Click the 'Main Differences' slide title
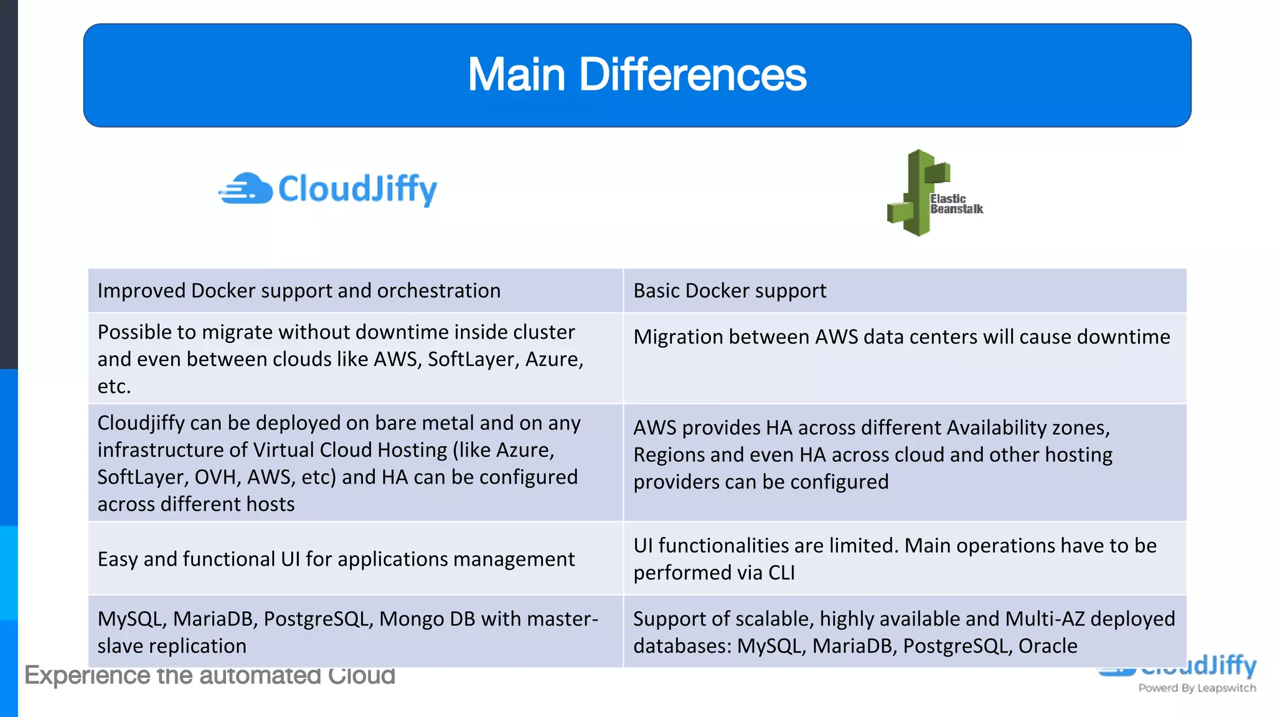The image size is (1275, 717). (x=637, y=75)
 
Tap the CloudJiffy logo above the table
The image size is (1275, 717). (x=328, y=189)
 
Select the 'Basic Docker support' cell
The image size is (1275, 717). (x=730, y=291)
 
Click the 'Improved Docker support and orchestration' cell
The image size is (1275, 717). (x=299, y=291)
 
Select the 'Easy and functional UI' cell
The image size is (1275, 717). (x=336, y=559)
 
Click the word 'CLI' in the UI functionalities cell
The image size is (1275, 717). (x=781, y=573)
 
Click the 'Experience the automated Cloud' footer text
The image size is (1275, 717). (x=210, y=676)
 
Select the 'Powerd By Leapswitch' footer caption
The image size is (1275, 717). (x=1197, y=688)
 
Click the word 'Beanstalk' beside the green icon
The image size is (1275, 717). (x=957, y=209)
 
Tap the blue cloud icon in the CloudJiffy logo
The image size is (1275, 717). (x=247, y=189)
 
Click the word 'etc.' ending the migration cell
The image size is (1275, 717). (x=114, y=387)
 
